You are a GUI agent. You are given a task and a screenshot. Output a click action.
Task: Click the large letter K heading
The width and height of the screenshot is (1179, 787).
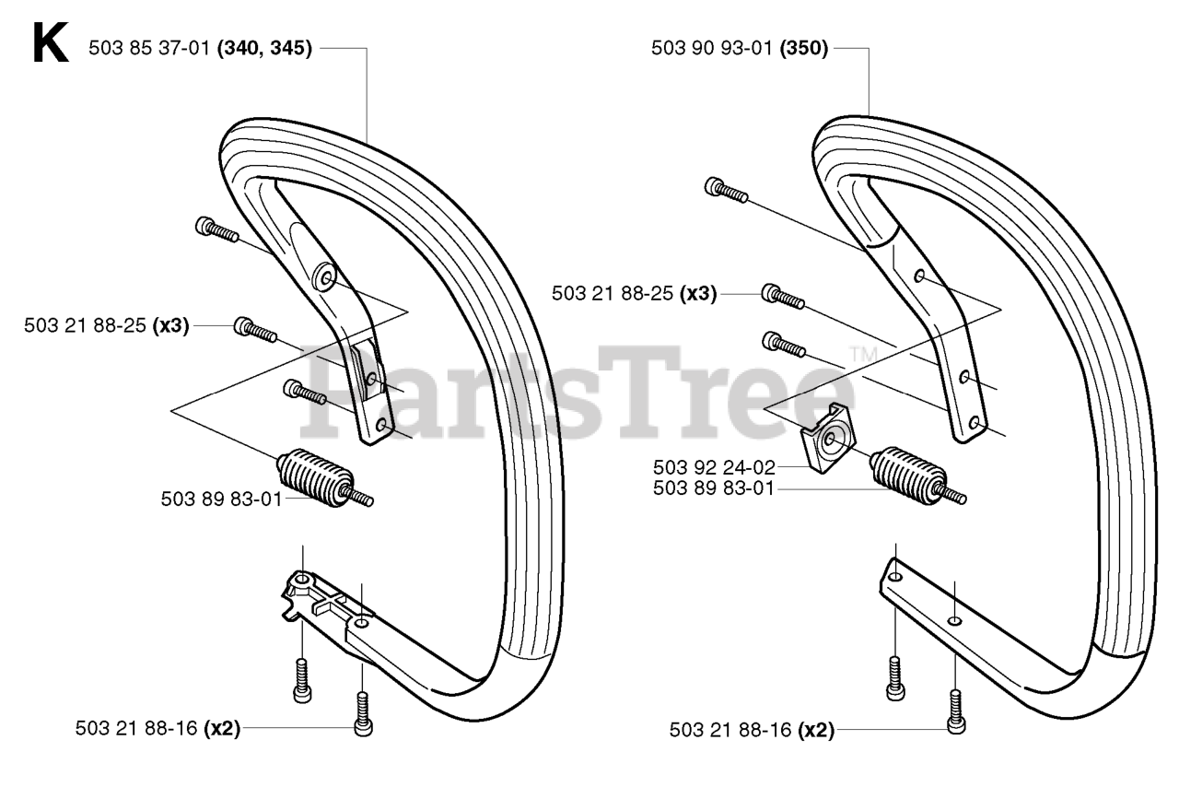click(51, 42)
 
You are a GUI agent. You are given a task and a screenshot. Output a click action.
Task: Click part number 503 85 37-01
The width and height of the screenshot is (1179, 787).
click(149, 48)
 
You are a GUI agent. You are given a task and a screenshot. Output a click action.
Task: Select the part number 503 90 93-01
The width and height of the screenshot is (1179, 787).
click(712, 48)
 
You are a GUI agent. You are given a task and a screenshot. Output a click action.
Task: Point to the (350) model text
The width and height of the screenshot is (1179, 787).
click(804, 48)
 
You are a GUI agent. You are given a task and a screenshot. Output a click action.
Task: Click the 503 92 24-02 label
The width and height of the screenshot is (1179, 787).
click(714, 467)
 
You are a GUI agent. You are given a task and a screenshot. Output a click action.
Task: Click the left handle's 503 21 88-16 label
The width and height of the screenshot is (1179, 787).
click(135, 729)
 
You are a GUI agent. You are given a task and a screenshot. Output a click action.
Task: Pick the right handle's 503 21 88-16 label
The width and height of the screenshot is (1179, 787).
click(730, 730)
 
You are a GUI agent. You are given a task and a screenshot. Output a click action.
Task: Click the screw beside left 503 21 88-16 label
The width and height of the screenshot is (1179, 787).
click(363, 714)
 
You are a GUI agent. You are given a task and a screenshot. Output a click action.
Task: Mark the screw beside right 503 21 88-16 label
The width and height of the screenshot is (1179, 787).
click(956, 712)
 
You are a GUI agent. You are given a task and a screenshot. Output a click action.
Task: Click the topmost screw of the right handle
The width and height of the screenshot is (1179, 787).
click(726, 190)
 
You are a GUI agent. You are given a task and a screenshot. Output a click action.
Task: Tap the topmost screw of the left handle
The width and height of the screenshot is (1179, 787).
click(216, 229)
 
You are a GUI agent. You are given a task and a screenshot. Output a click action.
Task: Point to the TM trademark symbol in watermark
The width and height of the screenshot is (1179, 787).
click(863, 355)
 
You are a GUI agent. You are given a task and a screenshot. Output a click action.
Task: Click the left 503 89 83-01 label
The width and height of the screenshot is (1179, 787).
click(222, 499)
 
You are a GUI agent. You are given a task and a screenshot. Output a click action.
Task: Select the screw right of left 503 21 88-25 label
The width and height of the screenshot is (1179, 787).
click(255, 330)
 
